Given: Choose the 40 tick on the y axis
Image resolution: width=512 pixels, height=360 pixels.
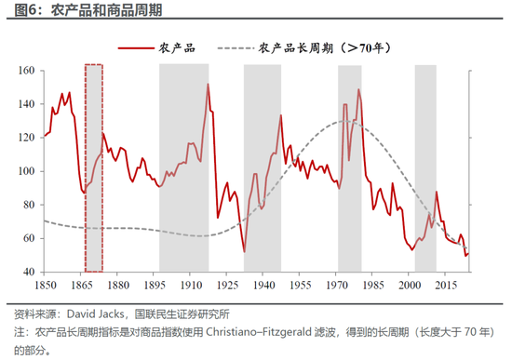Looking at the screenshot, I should [28, 272].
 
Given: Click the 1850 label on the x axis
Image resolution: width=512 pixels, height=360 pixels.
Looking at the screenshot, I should [46, 284].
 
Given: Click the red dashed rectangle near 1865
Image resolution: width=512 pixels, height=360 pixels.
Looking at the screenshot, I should [94, 167].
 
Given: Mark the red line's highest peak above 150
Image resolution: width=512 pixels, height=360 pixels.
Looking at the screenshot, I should [208, 85].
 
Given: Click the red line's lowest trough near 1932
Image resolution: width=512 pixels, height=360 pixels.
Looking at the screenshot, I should [244, 251].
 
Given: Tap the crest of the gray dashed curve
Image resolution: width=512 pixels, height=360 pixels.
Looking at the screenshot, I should [344, 121].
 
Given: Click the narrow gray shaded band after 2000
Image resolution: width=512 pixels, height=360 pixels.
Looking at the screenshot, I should [424, 167].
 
